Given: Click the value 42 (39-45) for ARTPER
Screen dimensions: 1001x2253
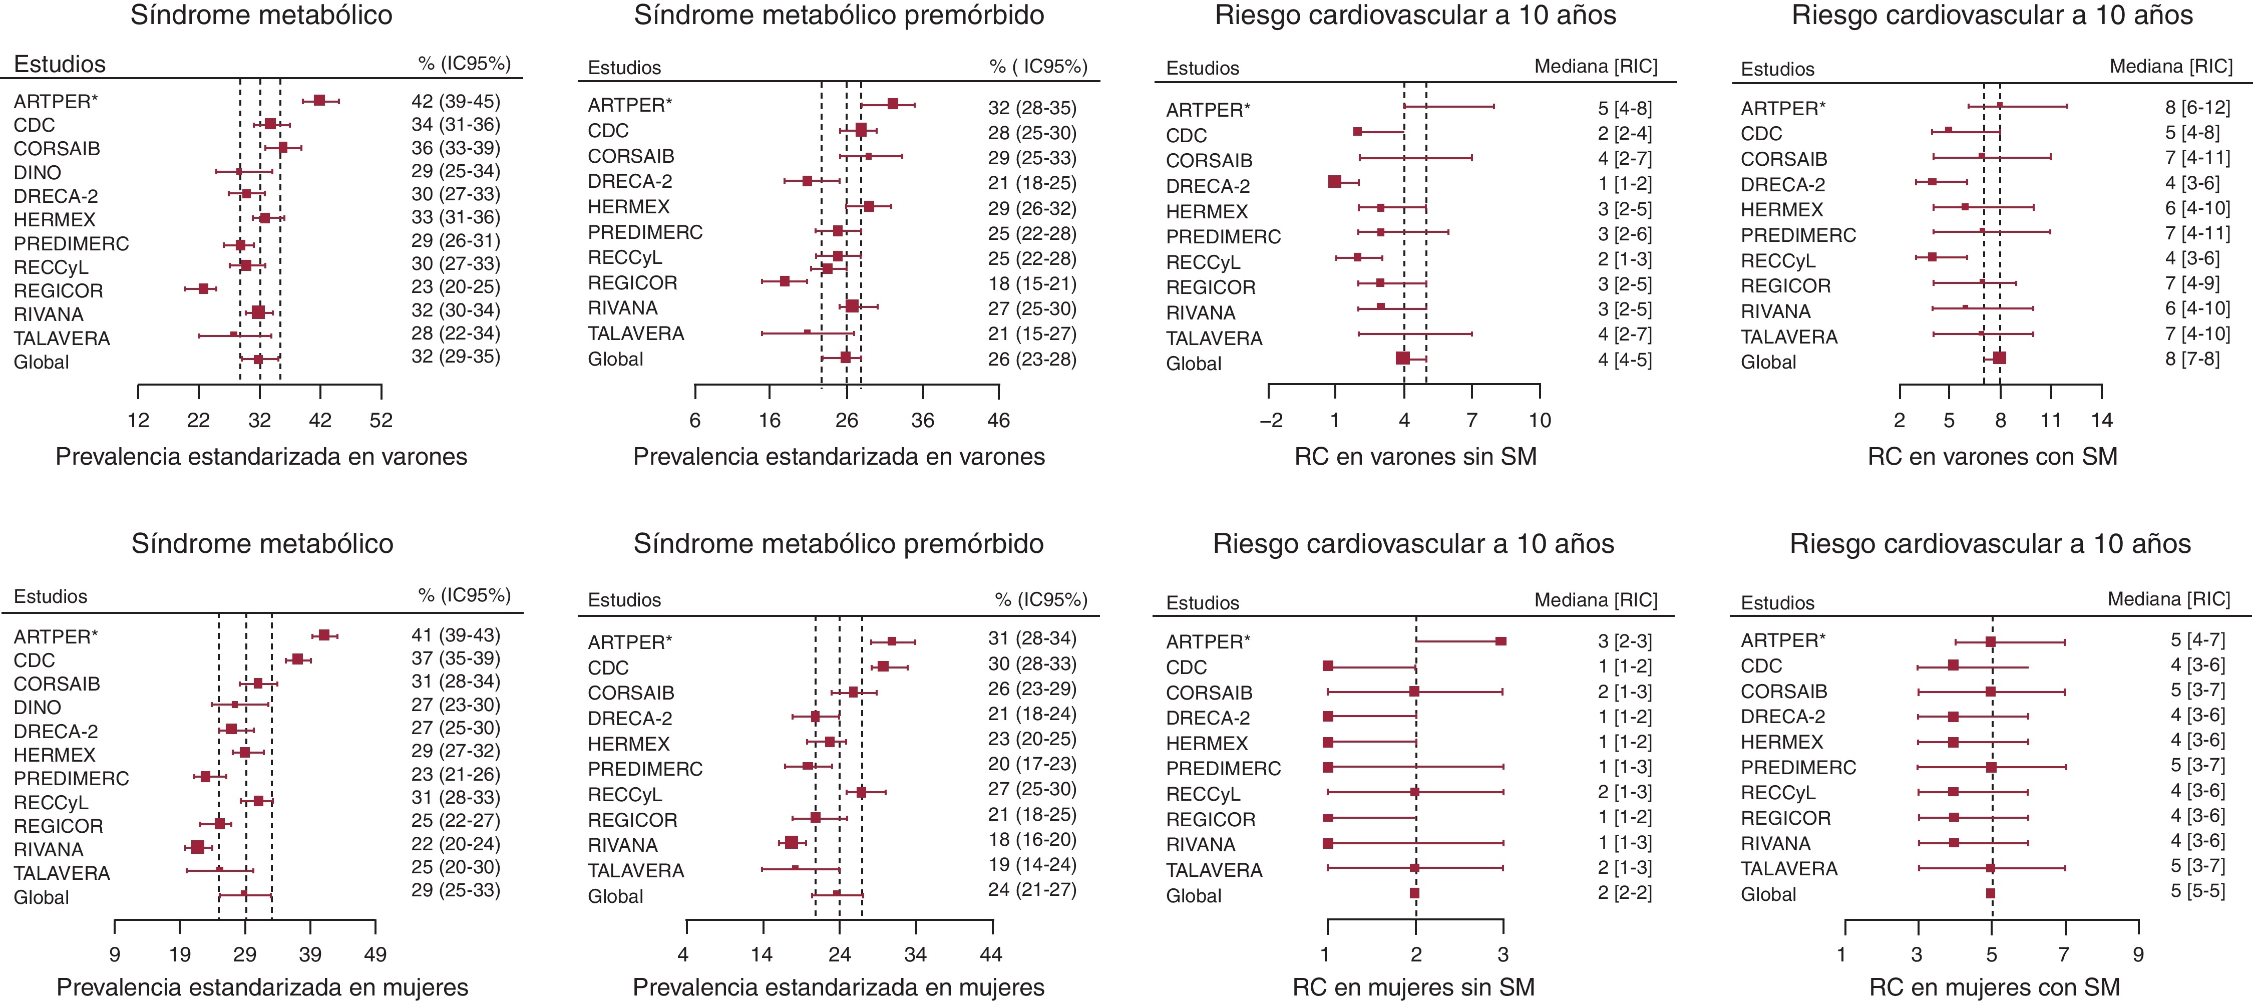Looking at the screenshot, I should tap(456, 102).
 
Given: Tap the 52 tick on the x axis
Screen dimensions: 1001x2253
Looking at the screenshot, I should tap(381, 420).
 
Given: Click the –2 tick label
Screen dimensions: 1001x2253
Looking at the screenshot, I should tap(1271, 420).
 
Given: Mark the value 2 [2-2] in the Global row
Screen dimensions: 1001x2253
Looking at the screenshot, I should tap(1625, 892).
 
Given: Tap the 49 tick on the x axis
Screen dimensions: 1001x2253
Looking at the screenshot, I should tap(375, 954).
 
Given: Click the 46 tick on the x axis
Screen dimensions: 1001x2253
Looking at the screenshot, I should tap(998, 420).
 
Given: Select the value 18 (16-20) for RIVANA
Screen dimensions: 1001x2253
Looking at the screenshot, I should tap(1032, 840).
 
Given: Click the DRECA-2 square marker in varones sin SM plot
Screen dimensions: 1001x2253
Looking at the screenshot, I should tap(1335, 182).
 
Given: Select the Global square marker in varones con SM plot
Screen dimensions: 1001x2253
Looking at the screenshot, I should tap(1999, 358).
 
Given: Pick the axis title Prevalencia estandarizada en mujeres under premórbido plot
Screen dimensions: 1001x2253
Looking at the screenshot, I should tap(838, 987).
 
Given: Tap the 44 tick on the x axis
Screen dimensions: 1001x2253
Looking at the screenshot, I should tap(991, 954).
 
